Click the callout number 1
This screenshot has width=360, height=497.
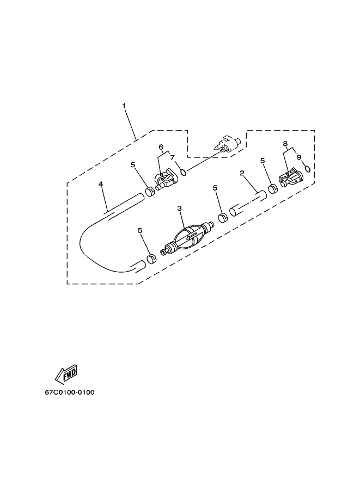[x=124, y=105]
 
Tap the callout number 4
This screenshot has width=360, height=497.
[x=101, y=184]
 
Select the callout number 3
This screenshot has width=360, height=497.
[x=180, y=208]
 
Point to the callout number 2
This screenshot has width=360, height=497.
[x=242, y=173]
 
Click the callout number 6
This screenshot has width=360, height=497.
[x=161, y=147]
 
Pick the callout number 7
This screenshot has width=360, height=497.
[x=173, y=157]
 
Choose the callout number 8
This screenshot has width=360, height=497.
[x=285, y=144]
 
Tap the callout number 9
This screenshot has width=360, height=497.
[x=298, y=156]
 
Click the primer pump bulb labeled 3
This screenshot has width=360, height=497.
[x=187, y=237]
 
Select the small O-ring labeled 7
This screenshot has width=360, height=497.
[x=184, y=172]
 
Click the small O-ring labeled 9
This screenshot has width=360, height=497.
[x=307, y=168]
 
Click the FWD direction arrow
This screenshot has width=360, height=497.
[x=66, y=372]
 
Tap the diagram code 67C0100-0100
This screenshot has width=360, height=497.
[x=70, y=392]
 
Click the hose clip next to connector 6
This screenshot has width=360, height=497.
[x=149, y=192]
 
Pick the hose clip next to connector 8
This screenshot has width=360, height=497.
[x=273, y=189]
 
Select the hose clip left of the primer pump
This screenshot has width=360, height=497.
[x=152, y=259]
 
